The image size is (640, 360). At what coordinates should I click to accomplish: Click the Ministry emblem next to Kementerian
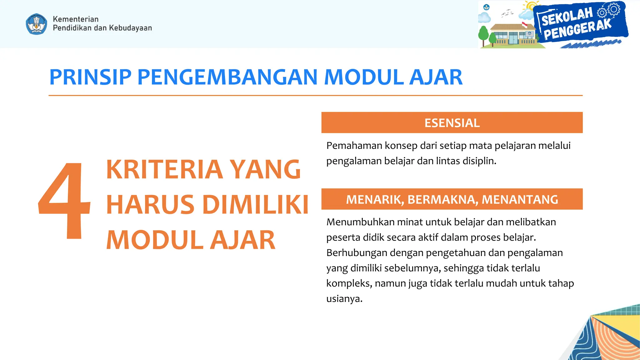37,24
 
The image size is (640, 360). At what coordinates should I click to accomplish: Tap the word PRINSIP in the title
90,77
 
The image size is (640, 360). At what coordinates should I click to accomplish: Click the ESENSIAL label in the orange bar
452,123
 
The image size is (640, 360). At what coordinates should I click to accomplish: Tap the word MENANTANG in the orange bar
520,199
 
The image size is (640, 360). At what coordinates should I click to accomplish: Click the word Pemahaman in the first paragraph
354,146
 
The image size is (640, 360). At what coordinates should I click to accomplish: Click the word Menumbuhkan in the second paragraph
360,222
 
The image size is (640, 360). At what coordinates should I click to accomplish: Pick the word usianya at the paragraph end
344,299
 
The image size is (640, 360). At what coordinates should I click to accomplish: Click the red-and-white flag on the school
524,24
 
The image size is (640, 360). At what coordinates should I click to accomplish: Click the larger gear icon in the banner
614,9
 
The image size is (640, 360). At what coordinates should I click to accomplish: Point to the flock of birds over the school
507,13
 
